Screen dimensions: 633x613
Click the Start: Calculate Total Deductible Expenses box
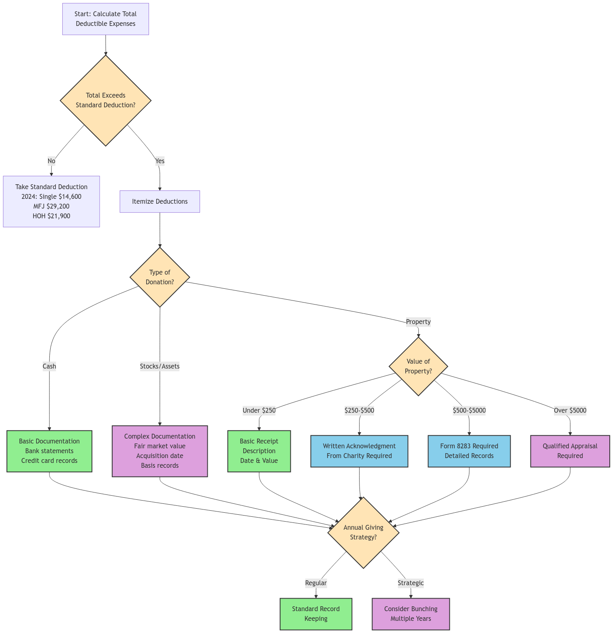click(x=106, y=19)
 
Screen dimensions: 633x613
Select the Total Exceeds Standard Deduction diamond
click(x=106, y=100)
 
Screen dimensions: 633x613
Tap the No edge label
click(x=51, y=161)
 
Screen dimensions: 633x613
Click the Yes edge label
click(x=160, y=161)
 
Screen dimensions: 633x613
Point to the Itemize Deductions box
click(x=160, y=202)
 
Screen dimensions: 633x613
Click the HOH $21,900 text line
click(x=51, y=216)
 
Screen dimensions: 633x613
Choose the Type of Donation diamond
click(x=160, y=277)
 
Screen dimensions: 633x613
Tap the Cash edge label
click(x=49, y=366)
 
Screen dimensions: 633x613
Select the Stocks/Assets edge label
click(x=160, y=366)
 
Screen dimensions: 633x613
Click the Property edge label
click(x=418, y=322)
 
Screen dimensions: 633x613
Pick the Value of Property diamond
click(x=418, y=366)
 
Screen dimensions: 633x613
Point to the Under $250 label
click(x=259, y=410)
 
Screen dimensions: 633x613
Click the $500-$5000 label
click(x=469, y=410)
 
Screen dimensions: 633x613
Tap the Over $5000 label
click(x=570, y=410)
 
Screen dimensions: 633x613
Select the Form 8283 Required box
click(x=469, y=451)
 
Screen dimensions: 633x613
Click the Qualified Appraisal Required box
click(x=570, y=451)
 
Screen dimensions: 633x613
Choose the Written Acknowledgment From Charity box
click(x=359, y=451)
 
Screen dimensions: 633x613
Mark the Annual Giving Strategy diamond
click(x=364, y=532)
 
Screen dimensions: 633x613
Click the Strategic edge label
click(x=411, y=583)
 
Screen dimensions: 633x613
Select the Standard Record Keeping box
click(x=316, y=614)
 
